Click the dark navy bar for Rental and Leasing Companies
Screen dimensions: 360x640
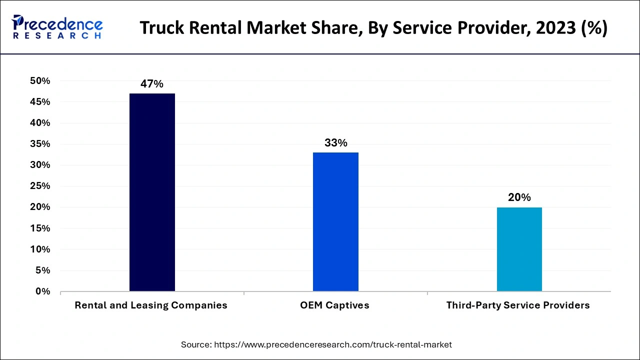[x=152, y=192]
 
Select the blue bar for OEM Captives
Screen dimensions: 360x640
[x=335, y=222]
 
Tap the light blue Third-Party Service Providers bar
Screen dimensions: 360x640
[x=519, y=249]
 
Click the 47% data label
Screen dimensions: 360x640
[x=152, y=84]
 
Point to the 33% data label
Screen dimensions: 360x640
[x=335, y=143]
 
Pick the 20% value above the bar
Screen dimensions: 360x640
[x=519, y=197]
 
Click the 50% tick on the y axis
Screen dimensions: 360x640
[x=40, y=81]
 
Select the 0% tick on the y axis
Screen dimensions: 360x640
[x=42, y=291]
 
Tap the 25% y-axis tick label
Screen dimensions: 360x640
[x=40, y=186]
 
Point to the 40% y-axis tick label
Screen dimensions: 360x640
[x=40, y=123]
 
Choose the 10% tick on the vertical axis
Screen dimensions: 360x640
[x=40, y=249]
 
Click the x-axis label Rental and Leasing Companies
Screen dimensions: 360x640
[x=151, y=305]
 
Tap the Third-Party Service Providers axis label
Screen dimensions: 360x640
[x=518, y=305]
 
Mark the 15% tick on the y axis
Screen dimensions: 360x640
[x=40, y=228]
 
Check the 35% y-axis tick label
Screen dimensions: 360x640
[x=40, y=144]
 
